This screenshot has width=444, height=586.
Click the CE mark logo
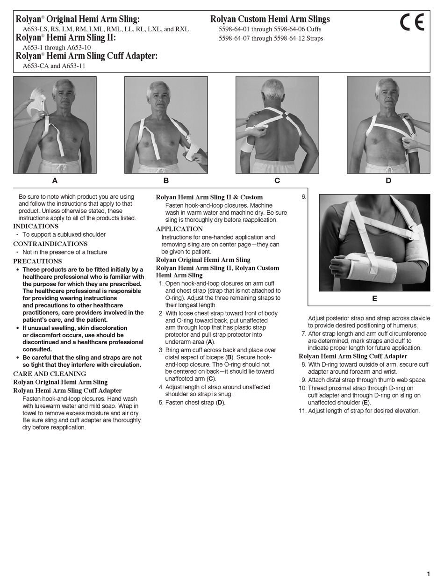412,22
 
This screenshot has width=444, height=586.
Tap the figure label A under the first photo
55,181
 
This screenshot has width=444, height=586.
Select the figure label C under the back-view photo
277,181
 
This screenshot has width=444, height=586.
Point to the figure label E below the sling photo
374,298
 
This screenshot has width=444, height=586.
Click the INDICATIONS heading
36,226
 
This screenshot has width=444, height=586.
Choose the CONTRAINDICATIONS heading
50,244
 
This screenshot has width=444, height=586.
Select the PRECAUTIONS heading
37,261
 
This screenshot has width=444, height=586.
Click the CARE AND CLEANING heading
50,374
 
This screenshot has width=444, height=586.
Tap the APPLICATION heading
179,229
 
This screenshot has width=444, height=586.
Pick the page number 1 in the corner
428,574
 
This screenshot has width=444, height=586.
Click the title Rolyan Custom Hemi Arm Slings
270,19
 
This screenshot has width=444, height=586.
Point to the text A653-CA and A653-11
54,66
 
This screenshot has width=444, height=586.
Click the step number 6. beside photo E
304,197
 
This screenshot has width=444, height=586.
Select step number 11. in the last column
303,411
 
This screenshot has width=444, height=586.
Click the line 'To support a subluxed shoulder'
64,234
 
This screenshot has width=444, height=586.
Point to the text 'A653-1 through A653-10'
57,47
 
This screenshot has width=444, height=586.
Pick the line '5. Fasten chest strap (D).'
195,402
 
